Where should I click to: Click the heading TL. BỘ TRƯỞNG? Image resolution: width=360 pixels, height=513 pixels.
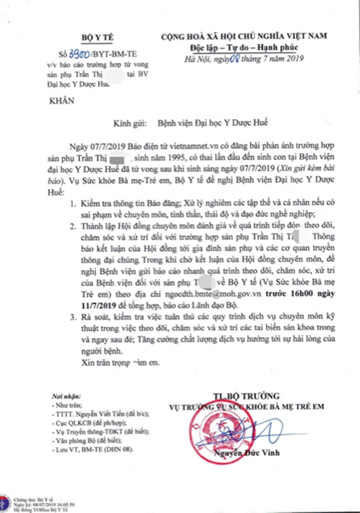tap(246, 396)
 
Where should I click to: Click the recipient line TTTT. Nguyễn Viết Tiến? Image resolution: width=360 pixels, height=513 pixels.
tap(100, 413)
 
